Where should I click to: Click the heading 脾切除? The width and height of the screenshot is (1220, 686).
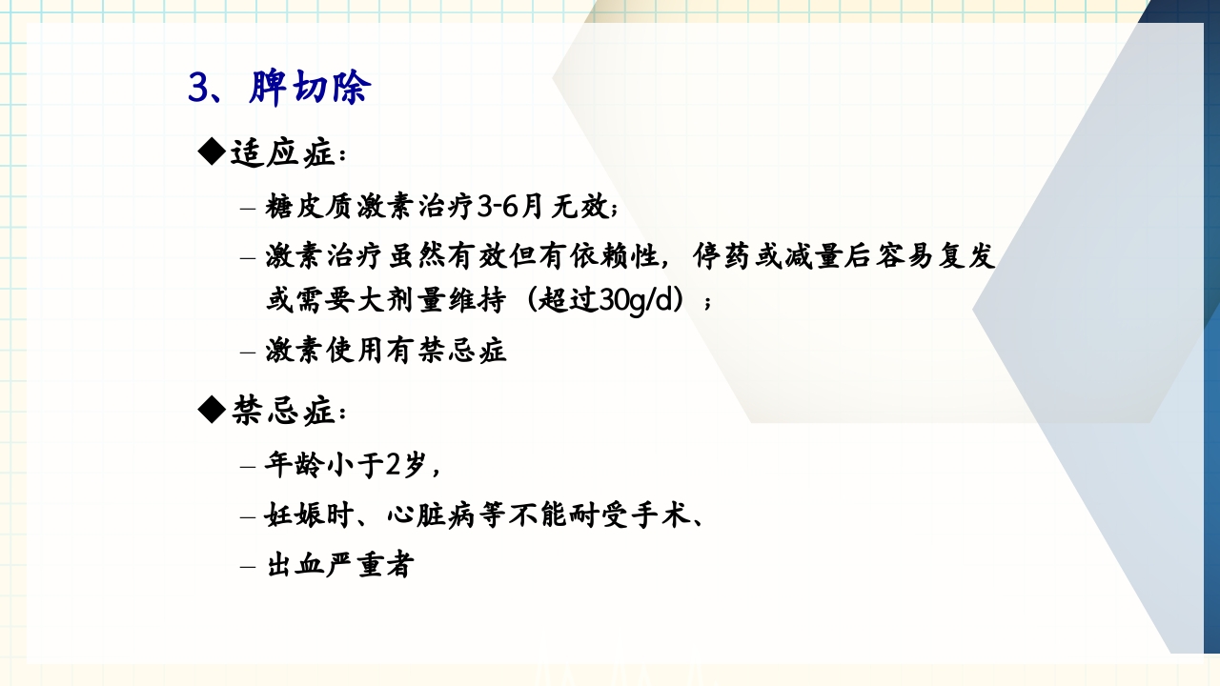[x=310, y=89]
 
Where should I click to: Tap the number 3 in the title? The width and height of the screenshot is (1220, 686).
[x=198, y=89]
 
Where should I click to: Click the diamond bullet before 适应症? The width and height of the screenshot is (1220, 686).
[x=211, y=151]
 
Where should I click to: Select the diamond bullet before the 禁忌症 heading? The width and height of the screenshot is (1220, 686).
[x=211, y=410]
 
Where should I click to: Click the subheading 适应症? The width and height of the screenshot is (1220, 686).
[x=282, y=152]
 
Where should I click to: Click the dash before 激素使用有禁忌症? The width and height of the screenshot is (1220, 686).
[x=248, y=352]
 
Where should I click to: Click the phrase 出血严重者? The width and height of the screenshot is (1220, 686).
[x=338, y=566]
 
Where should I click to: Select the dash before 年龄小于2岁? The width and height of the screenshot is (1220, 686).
[x=248, y=467]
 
